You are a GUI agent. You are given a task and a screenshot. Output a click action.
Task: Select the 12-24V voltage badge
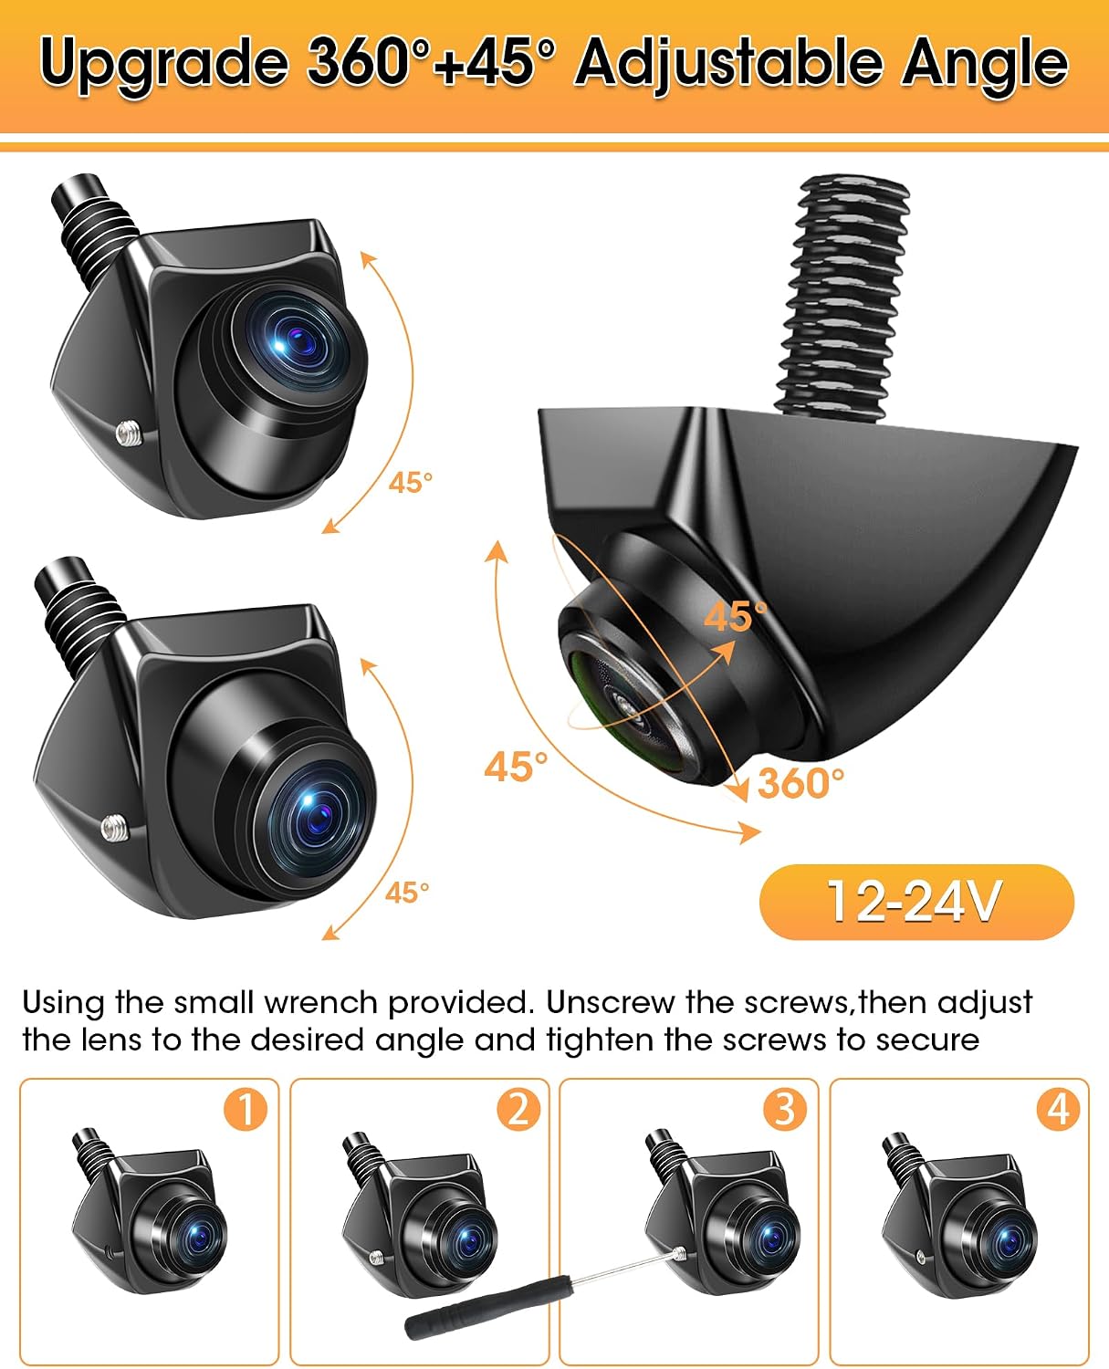coord(916,902)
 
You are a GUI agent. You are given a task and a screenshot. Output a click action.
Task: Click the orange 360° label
coord(800,783)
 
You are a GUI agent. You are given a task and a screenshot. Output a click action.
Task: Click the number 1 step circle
coord(246,1110)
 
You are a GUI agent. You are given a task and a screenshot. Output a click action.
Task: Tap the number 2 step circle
coord(518,1110)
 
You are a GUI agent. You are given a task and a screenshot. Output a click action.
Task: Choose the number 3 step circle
coord(785,1110)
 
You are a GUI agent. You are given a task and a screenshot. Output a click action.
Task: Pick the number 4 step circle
coord(1058,1110)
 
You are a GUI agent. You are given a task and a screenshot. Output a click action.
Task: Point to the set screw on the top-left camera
coord(130,435)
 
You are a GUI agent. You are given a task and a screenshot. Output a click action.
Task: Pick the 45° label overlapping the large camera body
coord(736,616)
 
